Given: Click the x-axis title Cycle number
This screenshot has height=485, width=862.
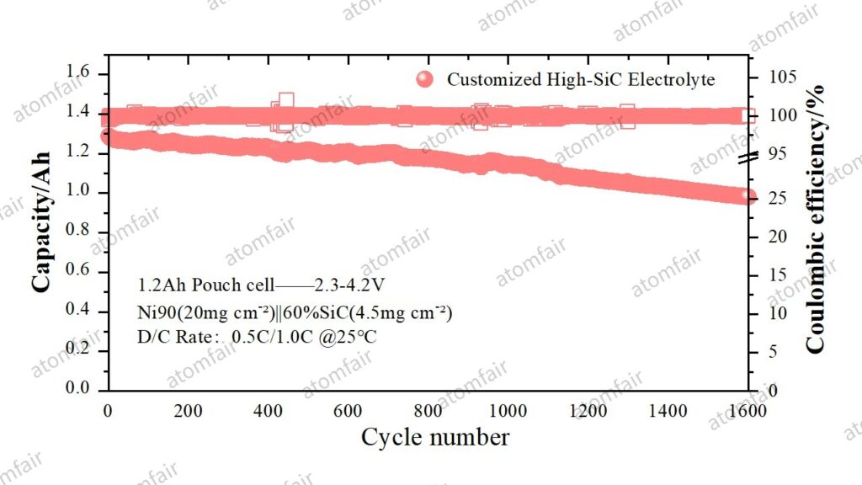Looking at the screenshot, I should click(434, 438).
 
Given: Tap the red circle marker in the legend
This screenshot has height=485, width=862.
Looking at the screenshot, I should click(426, 80).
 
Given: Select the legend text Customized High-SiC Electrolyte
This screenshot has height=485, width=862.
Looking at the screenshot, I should click(581, 80).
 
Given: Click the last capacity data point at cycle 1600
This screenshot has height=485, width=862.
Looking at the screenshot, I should click(747, 196).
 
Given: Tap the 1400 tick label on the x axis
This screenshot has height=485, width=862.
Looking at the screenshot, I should click(668, 411).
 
